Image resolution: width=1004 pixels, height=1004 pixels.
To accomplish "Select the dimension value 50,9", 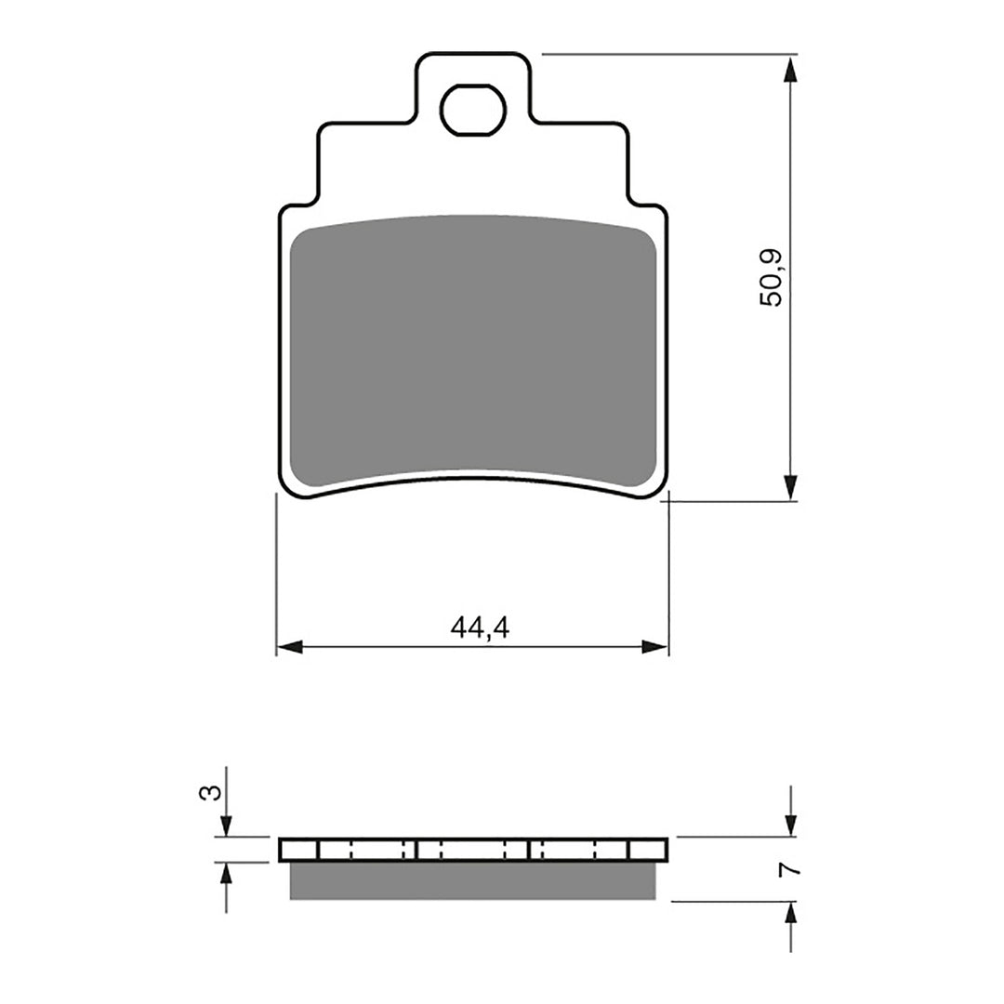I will pos(772,278).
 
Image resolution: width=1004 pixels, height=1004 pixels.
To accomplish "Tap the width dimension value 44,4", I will pos(480,628).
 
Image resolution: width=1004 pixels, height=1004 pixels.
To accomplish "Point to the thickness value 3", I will pos(213,792).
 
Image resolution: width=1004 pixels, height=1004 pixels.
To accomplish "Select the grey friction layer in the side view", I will pos(473,881).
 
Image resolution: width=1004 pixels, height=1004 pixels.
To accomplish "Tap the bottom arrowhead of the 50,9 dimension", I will pos(790,488).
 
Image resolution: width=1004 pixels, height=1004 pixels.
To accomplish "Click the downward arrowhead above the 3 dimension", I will pos(225,826).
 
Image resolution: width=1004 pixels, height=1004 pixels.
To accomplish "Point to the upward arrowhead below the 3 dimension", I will pos(225,874).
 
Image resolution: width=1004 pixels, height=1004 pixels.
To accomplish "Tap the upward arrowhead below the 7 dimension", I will pos(790,914).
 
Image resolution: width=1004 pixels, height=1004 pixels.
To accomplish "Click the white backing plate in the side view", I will pos(473,850).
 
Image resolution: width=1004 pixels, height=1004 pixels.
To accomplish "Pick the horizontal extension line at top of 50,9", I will pos(669,54).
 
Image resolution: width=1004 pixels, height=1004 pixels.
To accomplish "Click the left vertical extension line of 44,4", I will pos(276,576).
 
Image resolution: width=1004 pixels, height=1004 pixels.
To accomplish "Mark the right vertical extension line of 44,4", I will pos(668,576).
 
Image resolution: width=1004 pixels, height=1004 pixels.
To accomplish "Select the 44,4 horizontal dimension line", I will pos(390,647).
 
